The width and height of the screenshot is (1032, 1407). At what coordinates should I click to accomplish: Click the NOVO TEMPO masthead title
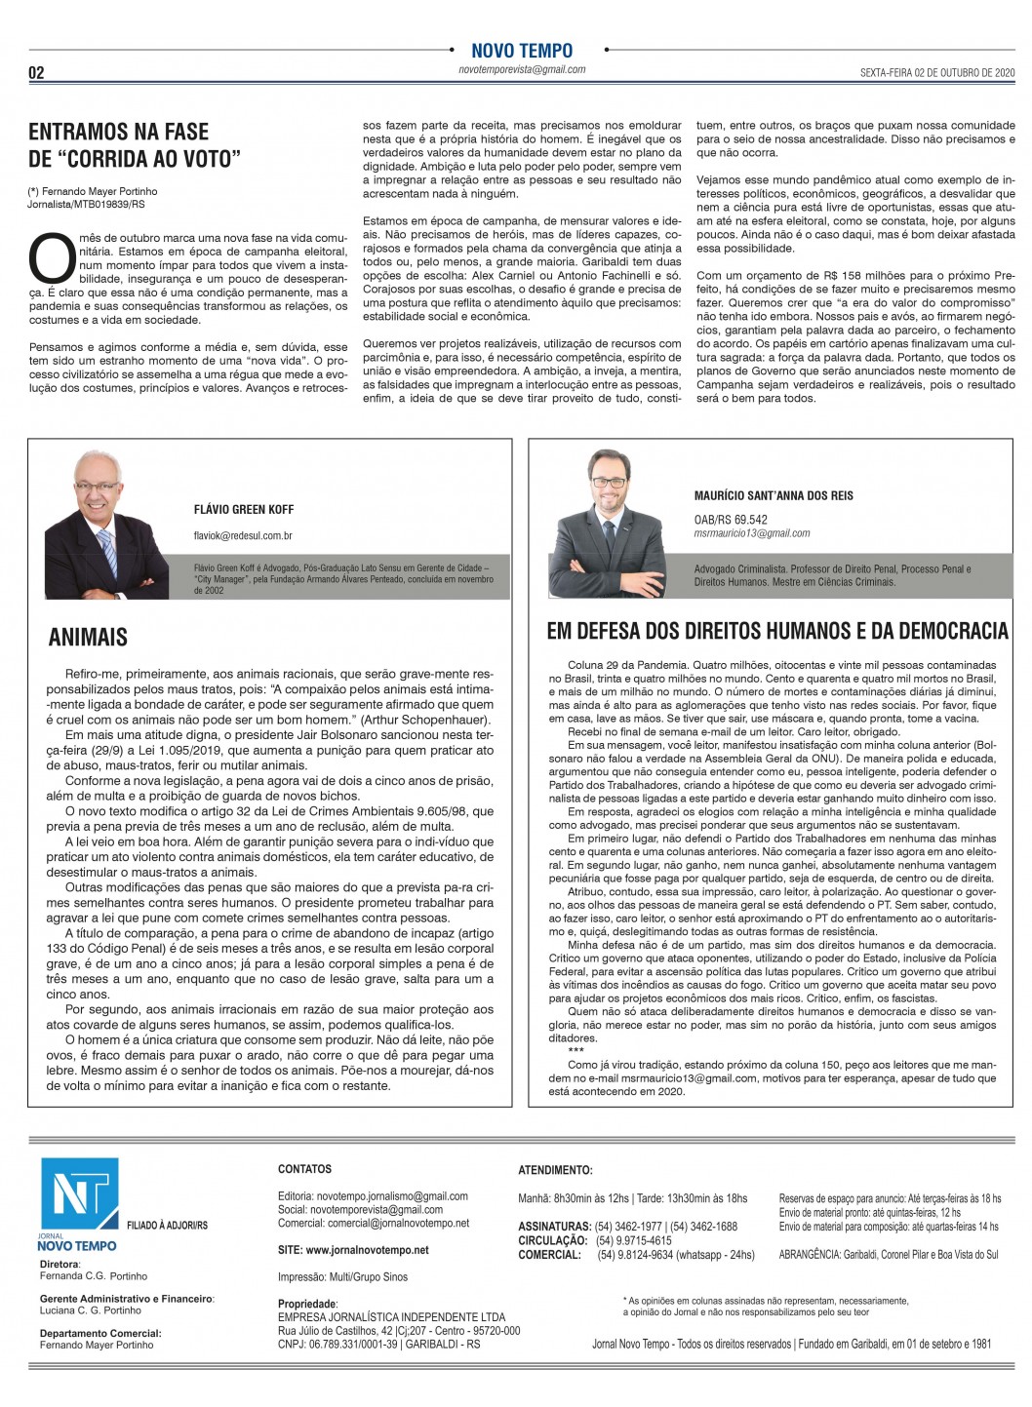tap(522, 51)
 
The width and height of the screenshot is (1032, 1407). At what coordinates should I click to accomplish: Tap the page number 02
tap(36, 73)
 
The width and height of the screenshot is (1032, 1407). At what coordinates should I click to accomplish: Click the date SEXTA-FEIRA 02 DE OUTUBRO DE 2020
tap(937, 73)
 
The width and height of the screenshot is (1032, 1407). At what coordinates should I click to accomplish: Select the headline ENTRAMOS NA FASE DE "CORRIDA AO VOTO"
tap(134, 145)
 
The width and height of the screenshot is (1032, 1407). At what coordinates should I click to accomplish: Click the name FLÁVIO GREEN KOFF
tap(244, 510)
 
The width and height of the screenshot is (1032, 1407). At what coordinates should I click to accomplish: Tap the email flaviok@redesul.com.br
tap(243, 536)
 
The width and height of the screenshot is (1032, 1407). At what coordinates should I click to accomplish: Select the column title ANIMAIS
tap(88, 638)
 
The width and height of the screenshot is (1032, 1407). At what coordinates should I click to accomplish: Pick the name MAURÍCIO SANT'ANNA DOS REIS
tap(774, 495)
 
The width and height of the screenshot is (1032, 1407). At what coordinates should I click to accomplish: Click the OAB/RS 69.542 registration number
tap(731, 520)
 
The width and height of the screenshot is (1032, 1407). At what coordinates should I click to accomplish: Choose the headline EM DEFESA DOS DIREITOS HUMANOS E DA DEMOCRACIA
tap(777, 632)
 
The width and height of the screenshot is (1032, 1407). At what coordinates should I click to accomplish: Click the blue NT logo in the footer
tap(78, 1197)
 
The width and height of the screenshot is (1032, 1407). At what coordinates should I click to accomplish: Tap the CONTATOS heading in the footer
tap(304, 1169)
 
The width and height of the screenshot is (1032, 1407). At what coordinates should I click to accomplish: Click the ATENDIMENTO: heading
tap(555, 1170)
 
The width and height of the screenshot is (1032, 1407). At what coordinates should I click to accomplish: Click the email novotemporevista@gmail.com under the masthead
tap(522, 70)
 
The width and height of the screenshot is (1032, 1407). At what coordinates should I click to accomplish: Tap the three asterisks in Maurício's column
tap(576, 1051)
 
